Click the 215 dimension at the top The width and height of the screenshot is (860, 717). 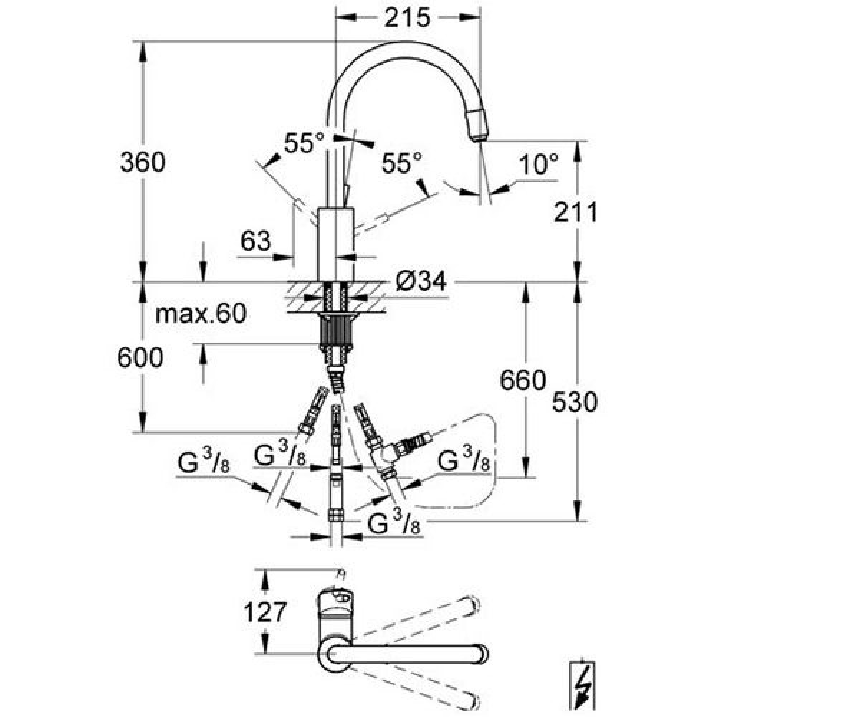407,18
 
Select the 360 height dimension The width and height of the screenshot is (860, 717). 143,162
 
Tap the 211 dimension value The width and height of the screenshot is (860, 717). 575,213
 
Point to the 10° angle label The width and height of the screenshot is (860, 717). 538,164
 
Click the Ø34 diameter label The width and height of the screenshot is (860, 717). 421,282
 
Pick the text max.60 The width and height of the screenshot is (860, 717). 201,313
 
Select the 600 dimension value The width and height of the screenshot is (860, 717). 140,357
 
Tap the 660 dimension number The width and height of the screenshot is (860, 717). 522,380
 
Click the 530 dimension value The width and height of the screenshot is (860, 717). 575,402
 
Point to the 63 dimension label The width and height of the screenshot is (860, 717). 256,241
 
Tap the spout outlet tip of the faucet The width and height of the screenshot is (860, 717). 481,138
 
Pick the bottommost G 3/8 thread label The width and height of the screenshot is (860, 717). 393,523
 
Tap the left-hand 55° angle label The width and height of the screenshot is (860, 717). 305,143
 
